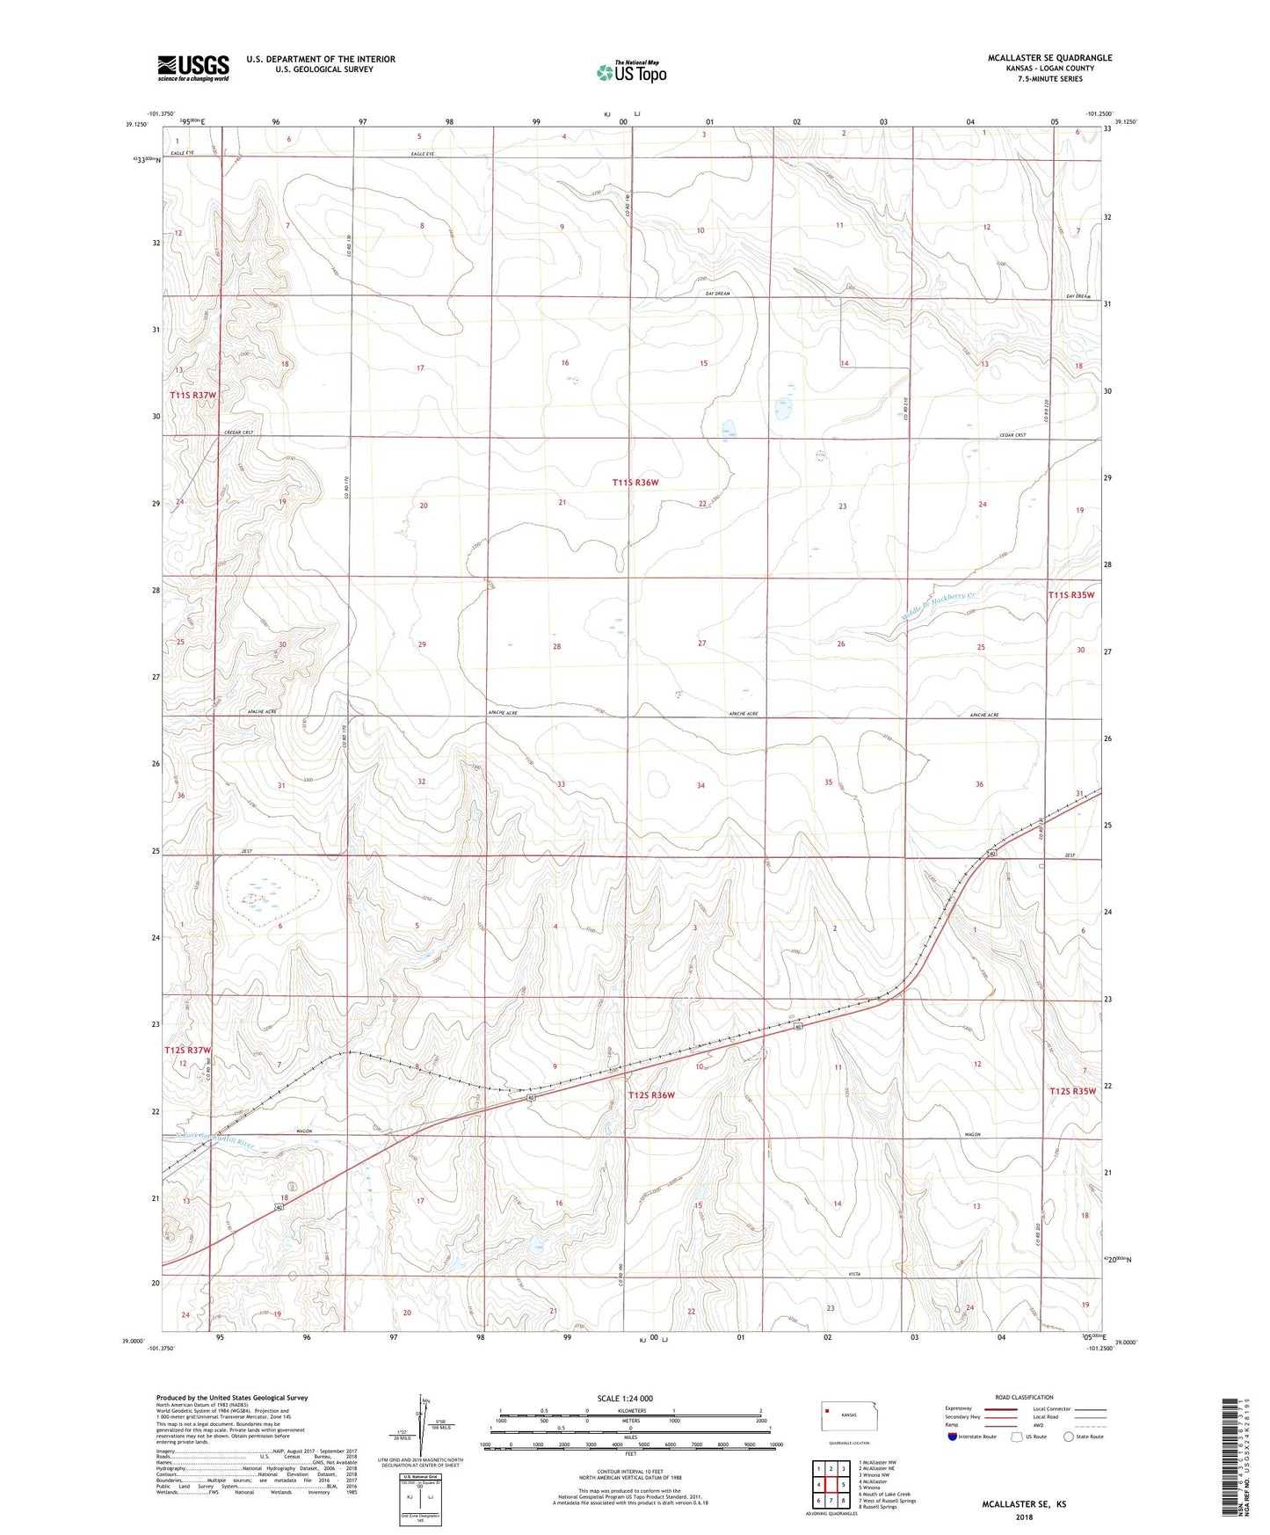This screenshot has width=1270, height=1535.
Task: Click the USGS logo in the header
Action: pos(193,68)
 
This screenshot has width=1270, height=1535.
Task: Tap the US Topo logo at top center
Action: pos(631,72)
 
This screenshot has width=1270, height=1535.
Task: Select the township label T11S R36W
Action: pos(635,483)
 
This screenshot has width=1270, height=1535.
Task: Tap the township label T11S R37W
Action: pos(192,396)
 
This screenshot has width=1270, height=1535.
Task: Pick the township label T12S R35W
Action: pos(1073,1091)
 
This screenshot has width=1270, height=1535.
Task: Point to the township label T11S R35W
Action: pos(1070,595)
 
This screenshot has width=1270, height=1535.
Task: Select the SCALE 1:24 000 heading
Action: pos(625,1399)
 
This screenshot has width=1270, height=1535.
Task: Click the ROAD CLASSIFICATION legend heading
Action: pos(1024,1397)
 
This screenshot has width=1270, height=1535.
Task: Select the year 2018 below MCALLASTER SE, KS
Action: pos(1023,1517)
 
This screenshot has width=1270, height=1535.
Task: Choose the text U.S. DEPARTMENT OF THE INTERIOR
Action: pos(321,59)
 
